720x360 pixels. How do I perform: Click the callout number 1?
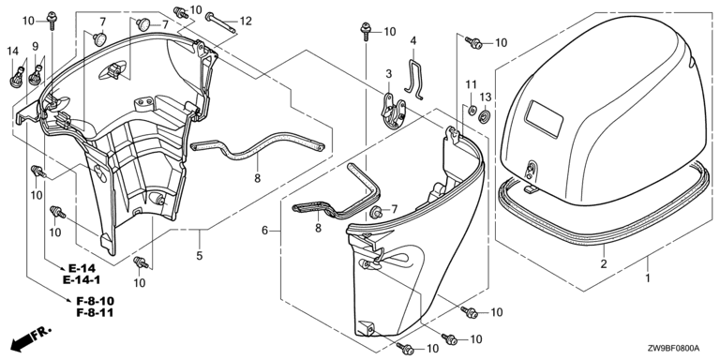(x=648, y=277)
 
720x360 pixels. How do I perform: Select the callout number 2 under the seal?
(x=604, y=263)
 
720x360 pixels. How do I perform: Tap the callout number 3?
(x=389, y=74)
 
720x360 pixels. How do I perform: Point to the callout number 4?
(x=413, y=40)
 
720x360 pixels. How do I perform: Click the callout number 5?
(x=200, y=256)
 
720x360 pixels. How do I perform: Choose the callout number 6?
(x=265, y=231)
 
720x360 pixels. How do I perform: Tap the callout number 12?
(x=246, y=21)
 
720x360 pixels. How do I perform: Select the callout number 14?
(x=13, y=52)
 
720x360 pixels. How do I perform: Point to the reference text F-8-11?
(x=95, y=313)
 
